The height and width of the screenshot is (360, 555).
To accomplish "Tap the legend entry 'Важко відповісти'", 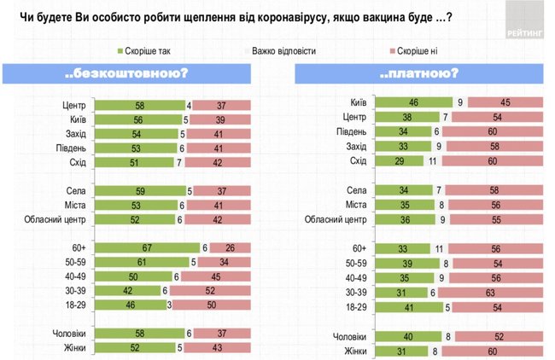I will coord(284,51).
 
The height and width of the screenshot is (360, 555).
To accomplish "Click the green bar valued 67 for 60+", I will coord(146,247).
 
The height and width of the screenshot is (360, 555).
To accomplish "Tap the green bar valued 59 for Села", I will coord(139,189).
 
